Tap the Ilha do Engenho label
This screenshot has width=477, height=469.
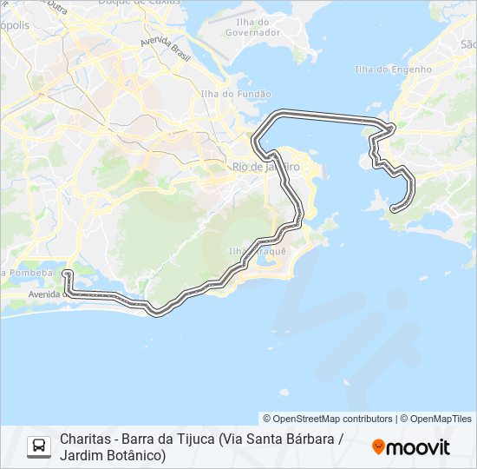pos(393,69)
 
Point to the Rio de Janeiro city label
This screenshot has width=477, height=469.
pos(265,166)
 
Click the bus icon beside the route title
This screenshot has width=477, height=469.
pos(38,446)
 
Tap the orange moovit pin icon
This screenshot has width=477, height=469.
pos(378,446)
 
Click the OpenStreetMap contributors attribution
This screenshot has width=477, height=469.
pos(328,419)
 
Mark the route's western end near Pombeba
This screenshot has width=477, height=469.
pos(66,273)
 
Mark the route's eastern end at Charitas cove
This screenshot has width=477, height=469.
pos(395,208)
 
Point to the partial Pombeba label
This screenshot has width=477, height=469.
pos(29,273)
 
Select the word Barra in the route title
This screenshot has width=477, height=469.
pos(138,439)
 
